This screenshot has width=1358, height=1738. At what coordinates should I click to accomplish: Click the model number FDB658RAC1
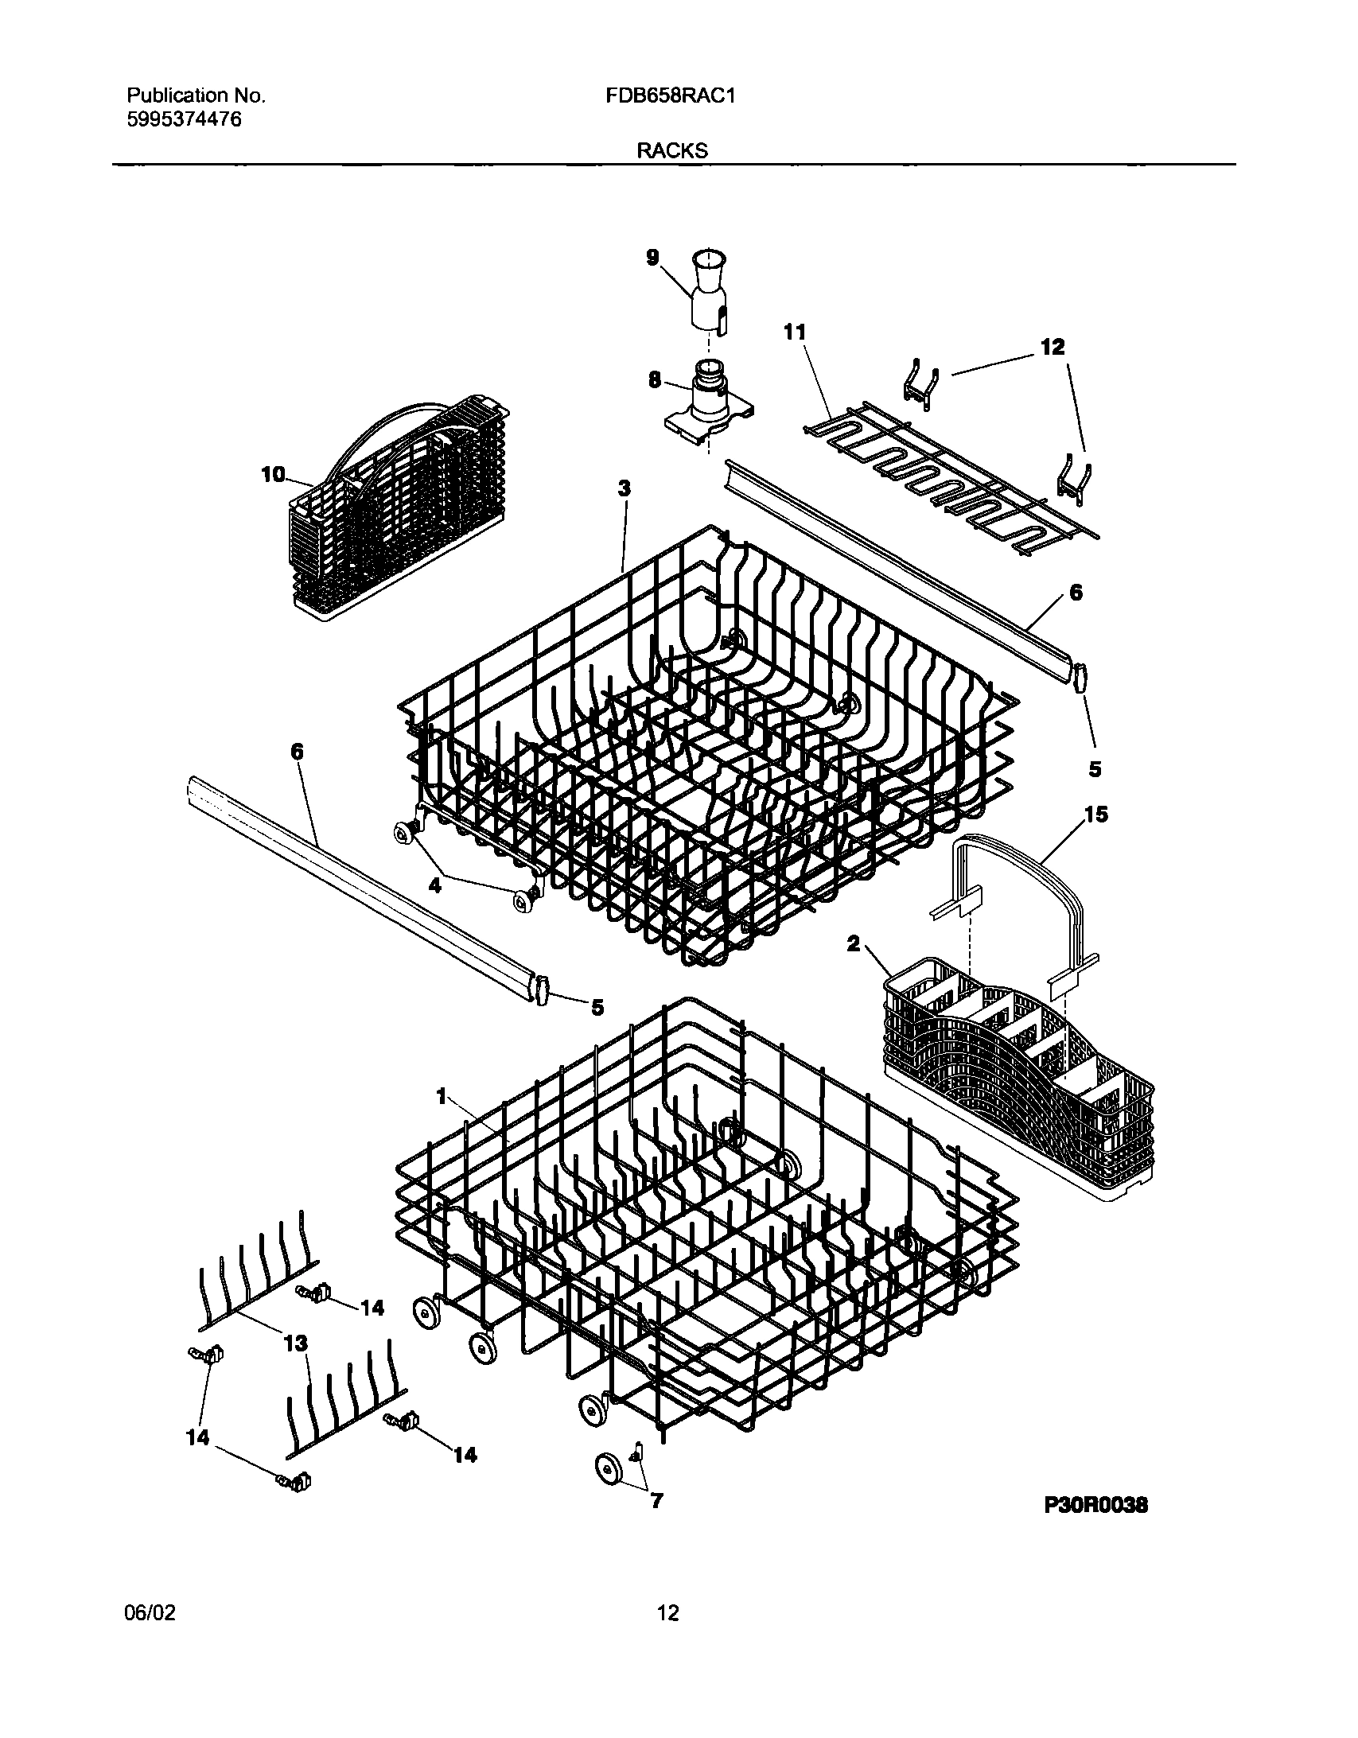tap(670, 96)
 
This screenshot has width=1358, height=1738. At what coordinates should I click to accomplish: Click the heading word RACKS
tap(671, 151)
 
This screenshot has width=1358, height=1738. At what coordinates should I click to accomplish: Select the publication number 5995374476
tap(184, 120)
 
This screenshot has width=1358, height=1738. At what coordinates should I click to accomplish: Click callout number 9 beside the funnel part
tap(652, 259)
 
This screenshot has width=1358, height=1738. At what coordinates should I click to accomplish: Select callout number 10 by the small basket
tap(273, 475)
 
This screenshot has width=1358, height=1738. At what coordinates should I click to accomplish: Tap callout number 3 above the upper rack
tap(625, 488)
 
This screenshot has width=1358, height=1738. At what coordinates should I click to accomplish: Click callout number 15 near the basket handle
tap(1096, 815)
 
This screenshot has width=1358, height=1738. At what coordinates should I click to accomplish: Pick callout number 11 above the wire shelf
tap(795, 332)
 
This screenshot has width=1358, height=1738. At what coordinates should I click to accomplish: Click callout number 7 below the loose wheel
tap(656, 1502)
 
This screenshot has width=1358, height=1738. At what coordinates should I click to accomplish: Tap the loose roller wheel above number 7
tap(609, 1467)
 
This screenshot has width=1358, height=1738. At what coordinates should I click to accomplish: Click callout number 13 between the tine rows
tap(295, 1344)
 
